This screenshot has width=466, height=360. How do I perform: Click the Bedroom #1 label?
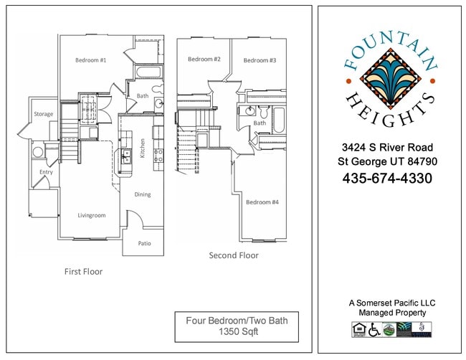point(90,60)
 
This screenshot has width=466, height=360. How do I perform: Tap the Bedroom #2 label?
point(204,59)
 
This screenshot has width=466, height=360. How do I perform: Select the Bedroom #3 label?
point(260,60)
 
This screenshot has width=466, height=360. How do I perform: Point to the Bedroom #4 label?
point(262,202)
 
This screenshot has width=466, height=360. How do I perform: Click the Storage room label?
point(43,114)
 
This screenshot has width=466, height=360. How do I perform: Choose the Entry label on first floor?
point(46,172)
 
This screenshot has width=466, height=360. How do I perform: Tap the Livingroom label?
point(92,215)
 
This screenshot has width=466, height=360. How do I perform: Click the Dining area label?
point(143,194)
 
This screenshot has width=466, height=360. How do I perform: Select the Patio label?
point(144,244)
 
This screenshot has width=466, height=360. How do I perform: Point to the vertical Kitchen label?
point(143,150)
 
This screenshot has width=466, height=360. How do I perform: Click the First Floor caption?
point(83,272)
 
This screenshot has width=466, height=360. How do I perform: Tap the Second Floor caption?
point(234,255)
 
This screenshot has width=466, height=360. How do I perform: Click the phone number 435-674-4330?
point(388,178)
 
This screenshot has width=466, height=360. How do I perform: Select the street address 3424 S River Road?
point(387,147)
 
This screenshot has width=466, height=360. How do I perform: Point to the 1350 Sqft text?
point(237,333)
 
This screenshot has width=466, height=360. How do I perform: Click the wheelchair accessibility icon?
point(373,329)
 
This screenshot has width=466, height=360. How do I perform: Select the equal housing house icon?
point(358,329)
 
